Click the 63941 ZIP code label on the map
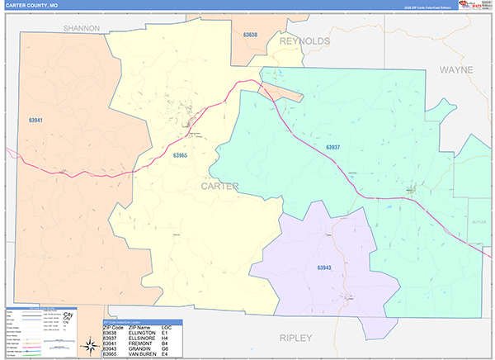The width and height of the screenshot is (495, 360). [x=35, y=120]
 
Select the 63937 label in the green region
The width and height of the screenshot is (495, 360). [x=332, y=147]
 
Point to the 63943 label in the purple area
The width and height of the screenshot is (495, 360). [x=323, y=267]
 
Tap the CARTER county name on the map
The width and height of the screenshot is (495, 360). [x=219, y=187]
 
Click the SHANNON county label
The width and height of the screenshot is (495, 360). [x=82, y=28]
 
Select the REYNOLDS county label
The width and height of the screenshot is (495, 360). [x=304, y=40]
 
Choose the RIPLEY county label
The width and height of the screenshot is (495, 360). [x=296, y=338]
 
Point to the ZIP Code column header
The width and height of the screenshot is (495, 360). [x=113, y=328]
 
